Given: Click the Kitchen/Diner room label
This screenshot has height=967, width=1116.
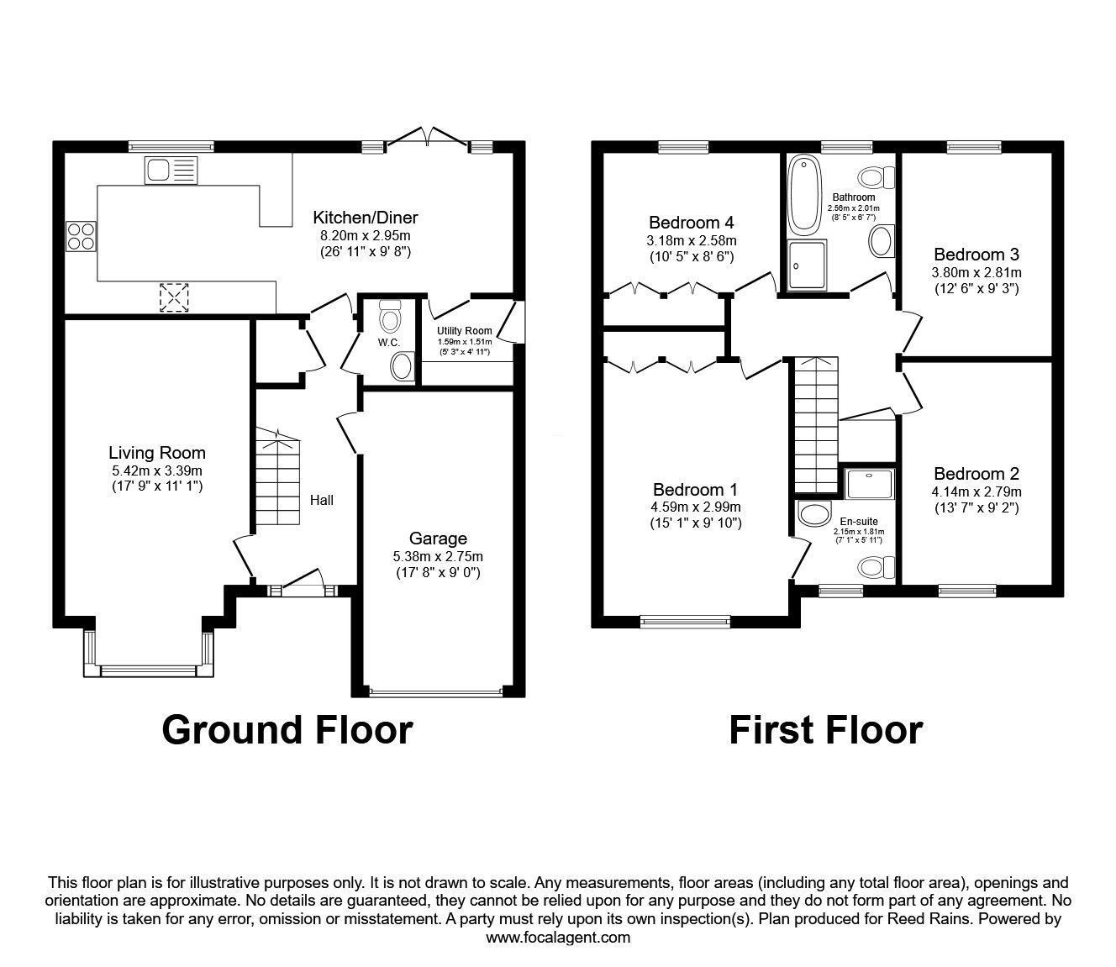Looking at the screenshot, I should pos(366,218).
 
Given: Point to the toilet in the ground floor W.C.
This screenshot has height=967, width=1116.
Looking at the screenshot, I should pos(390,317).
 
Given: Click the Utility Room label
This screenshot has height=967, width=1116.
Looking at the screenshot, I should pos(464,331).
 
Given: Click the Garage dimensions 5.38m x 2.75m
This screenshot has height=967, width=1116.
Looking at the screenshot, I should pos(438,556).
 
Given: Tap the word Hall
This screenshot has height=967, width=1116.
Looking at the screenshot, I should pos(322,500).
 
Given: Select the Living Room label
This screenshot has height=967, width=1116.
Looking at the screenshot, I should pos(156,453).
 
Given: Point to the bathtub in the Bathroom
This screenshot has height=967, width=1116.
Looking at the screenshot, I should pos(804,194).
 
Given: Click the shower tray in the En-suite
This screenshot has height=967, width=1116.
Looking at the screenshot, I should pos(866,484).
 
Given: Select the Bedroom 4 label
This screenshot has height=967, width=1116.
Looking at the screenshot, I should pos(691,223).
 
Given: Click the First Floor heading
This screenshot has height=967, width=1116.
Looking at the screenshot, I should pos(825,729).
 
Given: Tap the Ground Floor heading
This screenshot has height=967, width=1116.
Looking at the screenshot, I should pos(287,729).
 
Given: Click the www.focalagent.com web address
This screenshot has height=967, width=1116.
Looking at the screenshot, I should pos(558,938).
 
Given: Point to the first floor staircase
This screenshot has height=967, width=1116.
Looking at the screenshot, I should pos(815,424).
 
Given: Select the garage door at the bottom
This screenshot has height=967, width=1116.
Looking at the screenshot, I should pos(437,692).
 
